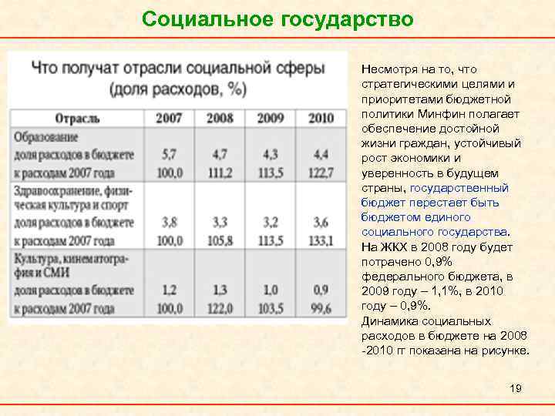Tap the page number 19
coord(516,388)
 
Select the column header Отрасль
coord(77,118)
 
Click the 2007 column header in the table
coord(169,118)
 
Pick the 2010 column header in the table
coord(320,118)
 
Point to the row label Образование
coord(45,136)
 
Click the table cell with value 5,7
coord(170,154)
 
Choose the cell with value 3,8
coord(170,223)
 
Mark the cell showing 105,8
coord(220,240)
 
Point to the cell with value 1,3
coord(220,291)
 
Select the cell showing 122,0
coord(220,308)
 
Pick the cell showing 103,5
coord(270,308)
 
